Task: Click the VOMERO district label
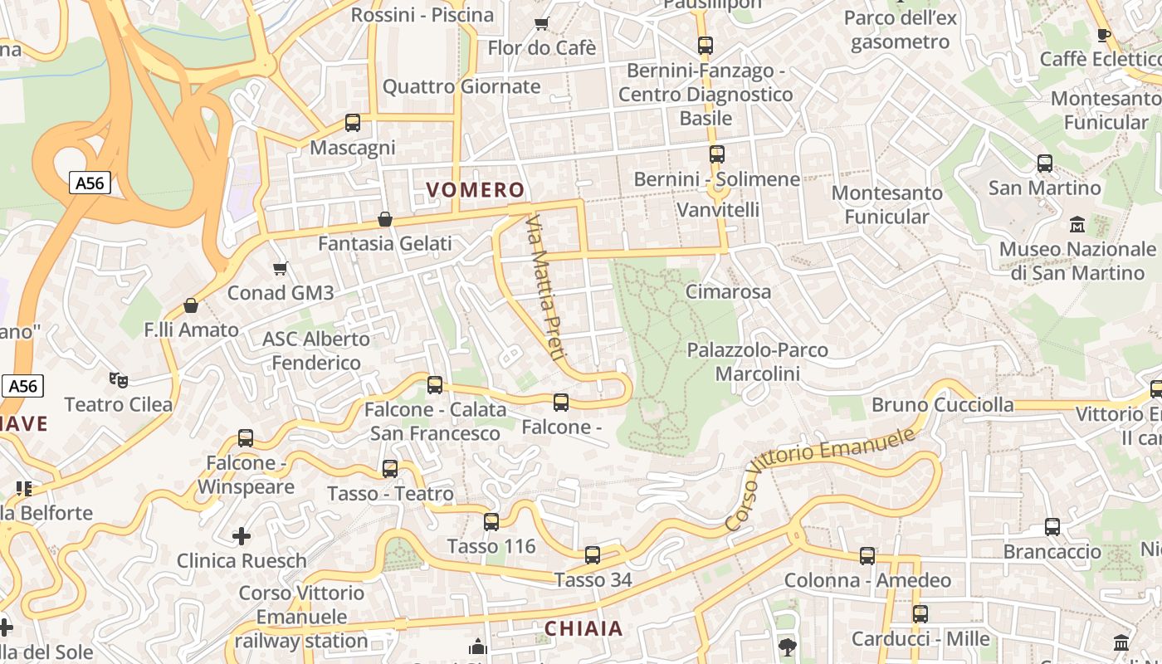(476, 190)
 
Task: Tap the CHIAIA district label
(583, 628)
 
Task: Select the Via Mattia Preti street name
(546, 287)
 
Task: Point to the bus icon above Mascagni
(353, 123)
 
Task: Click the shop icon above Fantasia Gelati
(385, 219)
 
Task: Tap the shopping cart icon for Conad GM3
(280, 268)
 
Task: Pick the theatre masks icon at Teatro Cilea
(119, 380)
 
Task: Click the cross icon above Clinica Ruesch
(242, 536)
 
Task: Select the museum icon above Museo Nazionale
(1077, 225)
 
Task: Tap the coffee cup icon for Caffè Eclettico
(1103, 35)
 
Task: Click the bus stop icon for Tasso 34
(593, 555)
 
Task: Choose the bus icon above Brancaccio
(1052, 527)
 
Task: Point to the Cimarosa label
(728, 291)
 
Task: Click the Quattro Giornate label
(461, 86)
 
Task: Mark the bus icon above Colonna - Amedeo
(867, 556)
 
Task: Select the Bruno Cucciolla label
(942, 405)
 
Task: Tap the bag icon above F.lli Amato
(191, 305)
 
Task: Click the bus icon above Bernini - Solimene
(717, 154)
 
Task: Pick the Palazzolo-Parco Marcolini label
(757, 362)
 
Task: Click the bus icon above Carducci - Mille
(920, 614)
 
